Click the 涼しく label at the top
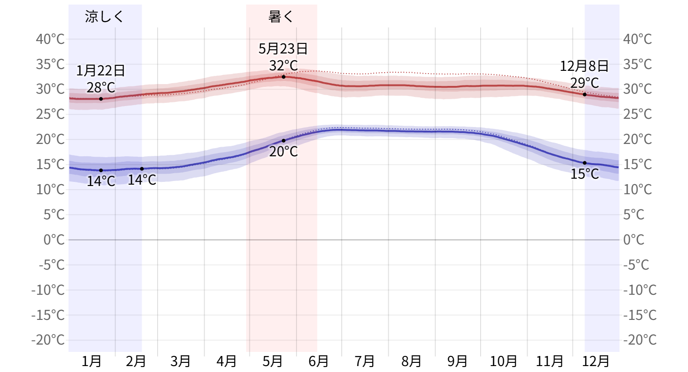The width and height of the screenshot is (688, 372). pos(104,17)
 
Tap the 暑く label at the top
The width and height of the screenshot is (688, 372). pos(280,17)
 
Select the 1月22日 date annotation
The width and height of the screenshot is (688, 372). pos(101,71)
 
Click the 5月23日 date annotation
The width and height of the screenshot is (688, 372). pos(283,49)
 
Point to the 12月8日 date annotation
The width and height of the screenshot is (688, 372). pos(584,66)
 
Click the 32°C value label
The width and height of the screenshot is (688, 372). pos(283,66)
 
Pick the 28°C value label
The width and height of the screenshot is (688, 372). pos(101,87)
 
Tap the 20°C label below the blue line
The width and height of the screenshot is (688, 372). pos(283,152)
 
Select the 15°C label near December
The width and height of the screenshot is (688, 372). pos(584,174)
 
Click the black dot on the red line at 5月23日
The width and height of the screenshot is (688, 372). pos(284,77)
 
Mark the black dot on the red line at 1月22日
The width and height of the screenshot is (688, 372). pos(101,99)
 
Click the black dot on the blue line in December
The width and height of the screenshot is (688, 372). pos(584,163)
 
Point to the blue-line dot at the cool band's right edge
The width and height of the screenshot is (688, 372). pos(142,169)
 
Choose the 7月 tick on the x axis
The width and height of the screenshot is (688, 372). pos(365,361)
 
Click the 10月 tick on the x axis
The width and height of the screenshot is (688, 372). pos(503,361)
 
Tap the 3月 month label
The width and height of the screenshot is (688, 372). pos(180,361)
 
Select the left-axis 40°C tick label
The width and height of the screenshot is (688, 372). pos(50,39)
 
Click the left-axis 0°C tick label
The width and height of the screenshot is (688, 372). pos(54,239)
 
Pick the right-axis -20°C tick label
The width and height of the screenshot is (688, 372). pos(640,340)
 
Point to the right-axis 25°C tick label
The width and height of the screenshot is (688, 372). pos(637,114)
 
